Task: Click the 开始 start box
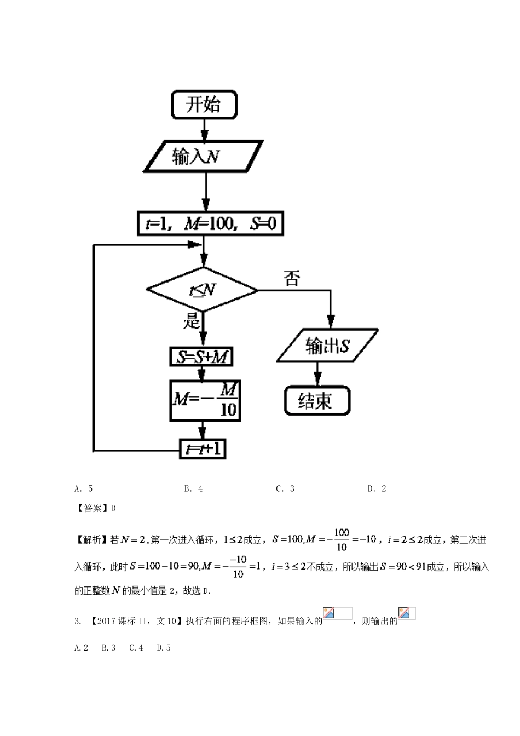tap(204, 105)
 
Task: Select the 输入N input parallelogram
tap(204, 157)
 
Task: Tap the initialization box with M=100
tap(210, 225)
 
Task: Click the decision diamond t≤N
tap(202, 290)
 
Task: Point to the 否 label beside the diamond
tap(292, 279)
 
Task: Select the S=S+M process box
tap(201, 357)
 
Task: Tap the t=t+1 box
tap(203, 449)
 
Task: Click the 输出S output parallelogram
tap(327, 346)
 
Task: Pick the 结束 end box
tap(316, 401)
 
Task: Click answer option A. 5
tap(83, 488)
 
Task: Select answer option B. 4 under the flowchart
tap(193, 488)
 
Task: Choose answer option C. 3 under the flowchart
tap(285, 488)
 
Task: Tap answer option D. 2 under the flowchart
tap(377, 488)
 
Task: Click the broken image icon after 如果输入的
tap(330, 613)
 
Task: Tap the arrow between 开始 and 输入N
tap(205, 130)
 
